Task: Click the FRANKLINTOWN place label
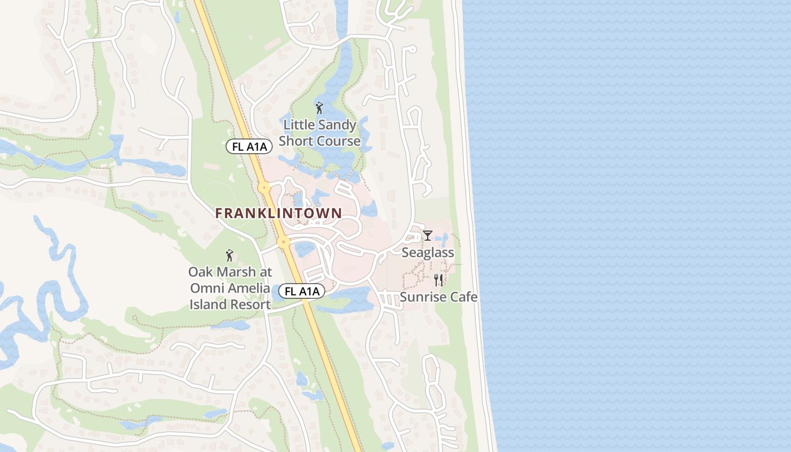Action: (279, 213)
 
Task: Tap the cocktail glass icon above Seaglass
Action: (428, 235)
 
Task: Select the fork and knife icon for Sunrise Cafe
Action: (438, 280)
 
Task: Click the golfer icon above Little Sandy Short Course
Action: (319, 108)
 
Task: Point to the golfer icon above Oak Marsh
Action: (229, 255)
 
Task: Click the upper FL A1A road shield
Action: (250, 146)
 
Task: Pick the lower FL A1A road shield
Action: (302, 291)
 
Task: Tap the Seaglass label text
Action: (428, 253)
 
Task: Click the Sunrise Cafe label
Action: (439, 297)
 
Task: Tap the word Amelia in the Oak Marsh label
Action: (249, 288)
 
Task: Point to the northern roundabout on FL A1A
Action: (264, 187)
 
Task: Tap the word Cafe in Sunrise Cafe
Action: (463, 297)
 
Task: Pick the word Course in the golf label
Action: (338, 141)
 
